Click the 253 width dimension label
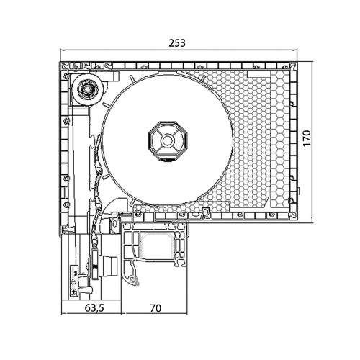[177, 42]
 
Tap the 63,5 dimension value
[91, 308]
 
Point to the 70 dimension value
[155, 308]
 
